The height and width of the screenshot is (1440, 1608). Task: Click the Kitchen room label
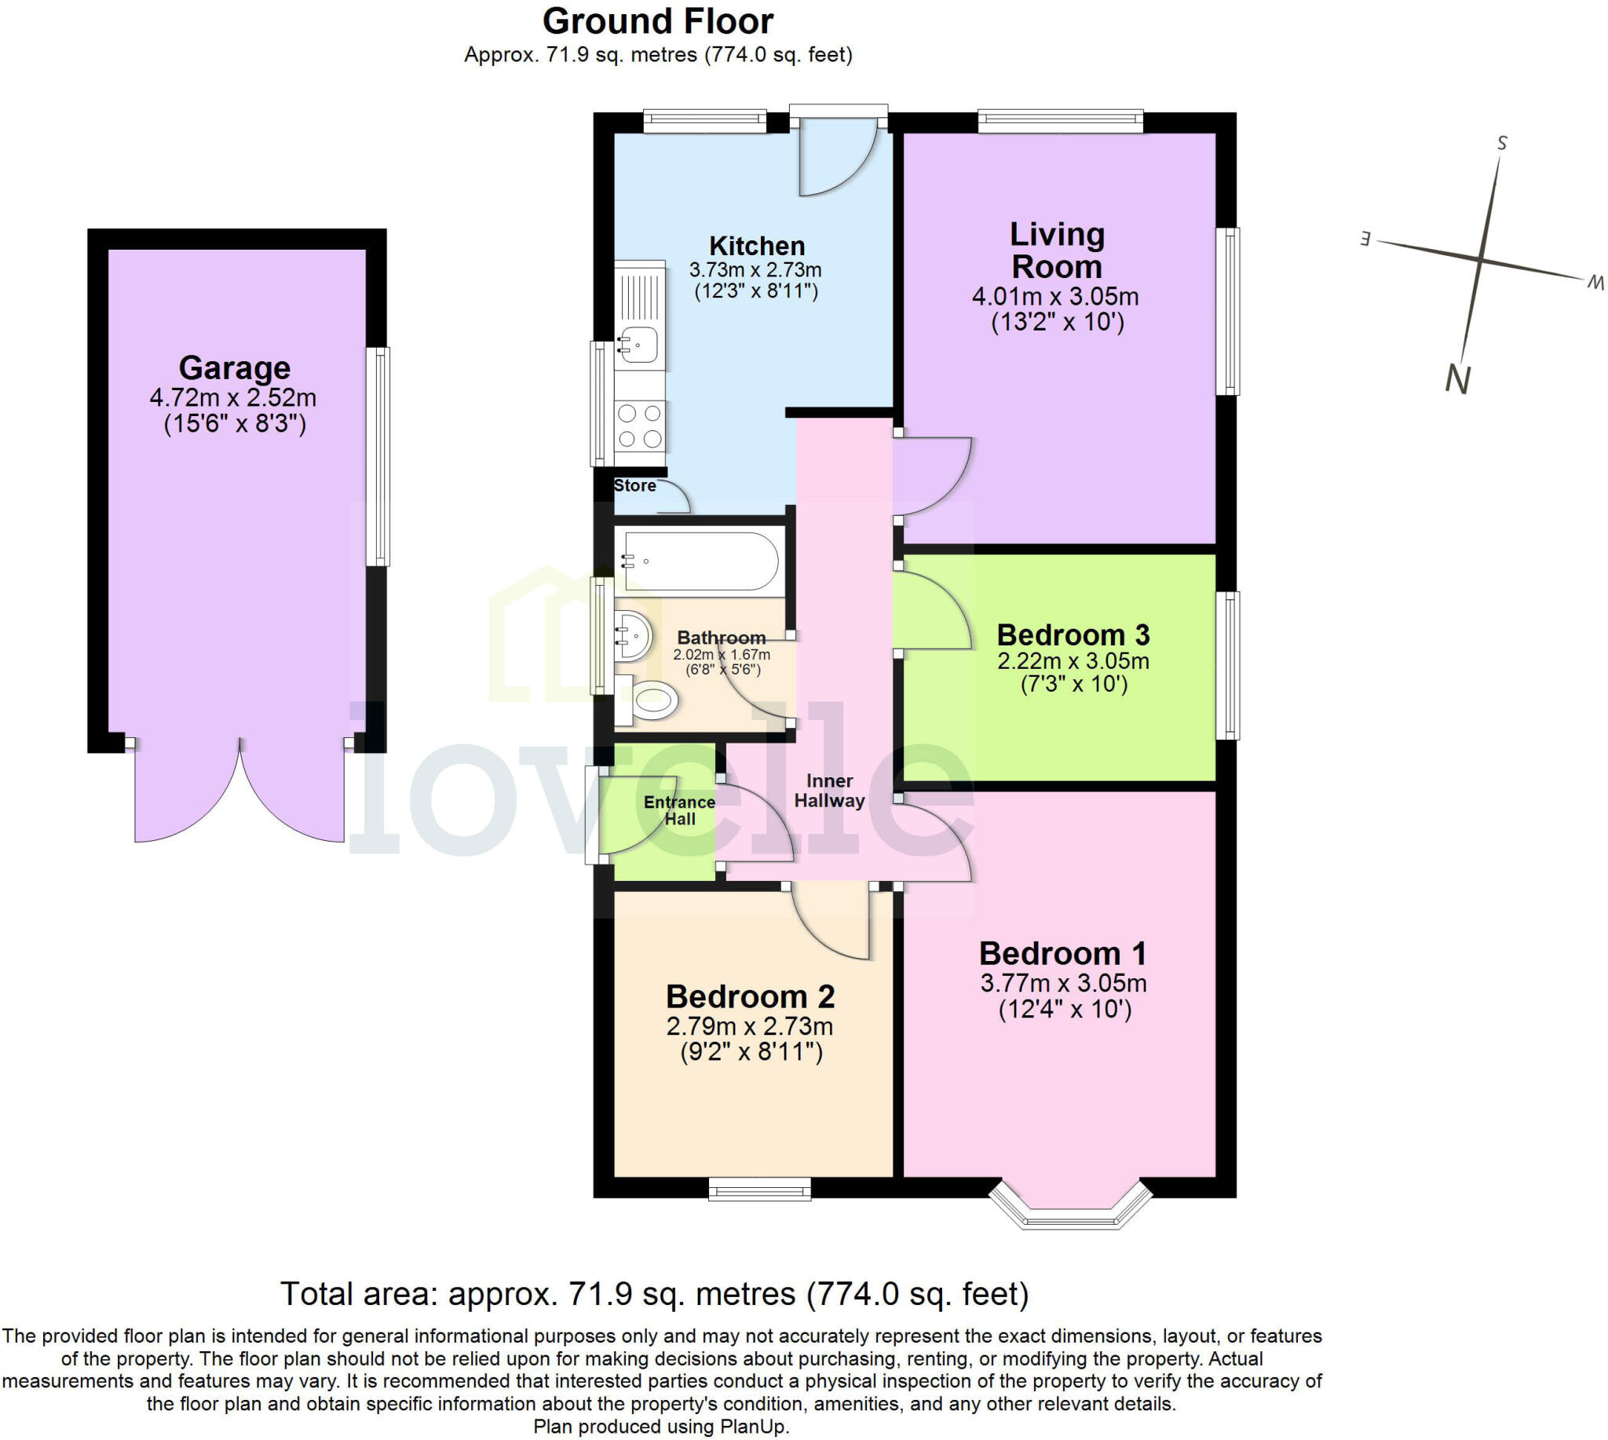pos(757,246)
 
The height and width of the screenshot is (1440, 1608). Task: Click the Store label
pos(634,486)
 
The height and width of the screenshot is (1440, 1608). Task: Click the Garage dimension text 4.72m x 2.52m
pos(233,397)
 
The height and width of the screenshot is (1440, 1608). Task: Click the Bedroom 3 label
pos(1073,634)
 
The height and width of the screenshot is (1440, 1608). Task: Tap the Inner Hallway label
pos(829,791)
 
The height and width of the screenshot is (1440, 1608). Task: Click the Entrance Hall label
pos(679,810)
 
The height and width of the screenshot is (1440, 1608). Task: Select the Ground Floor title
pos(658,21)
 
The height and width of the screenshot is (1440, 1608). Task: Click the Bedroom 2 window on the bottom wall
pos(760,1189)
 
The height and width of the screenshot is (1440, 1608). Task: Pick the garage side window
pos(378,456)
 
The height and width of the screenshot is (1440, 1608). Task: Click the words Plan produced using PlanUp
pos(661,1427)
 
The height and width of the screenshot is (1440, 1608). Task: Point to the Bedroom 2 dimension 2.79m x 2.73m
pos(749,1026)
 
